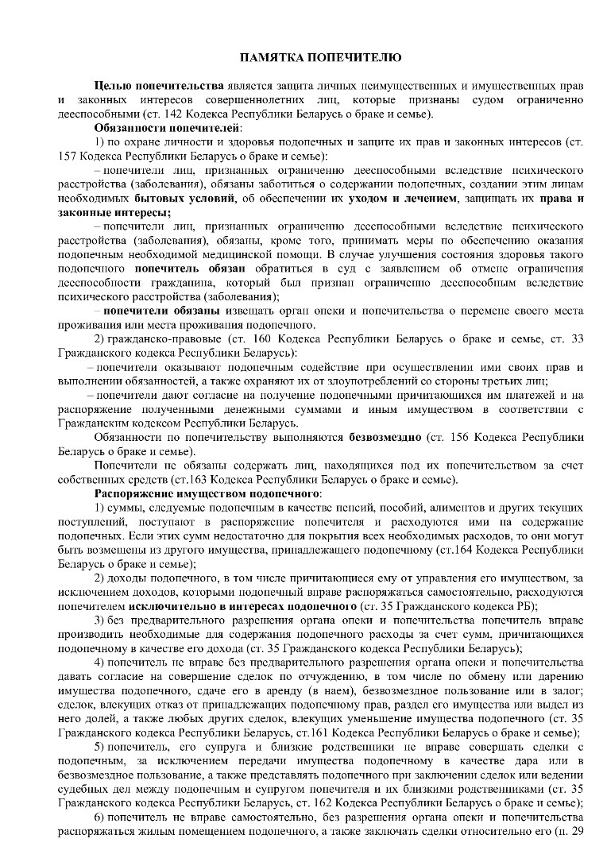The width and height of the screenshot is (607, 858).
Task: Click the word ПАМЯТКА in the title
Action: pos(269,57)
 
